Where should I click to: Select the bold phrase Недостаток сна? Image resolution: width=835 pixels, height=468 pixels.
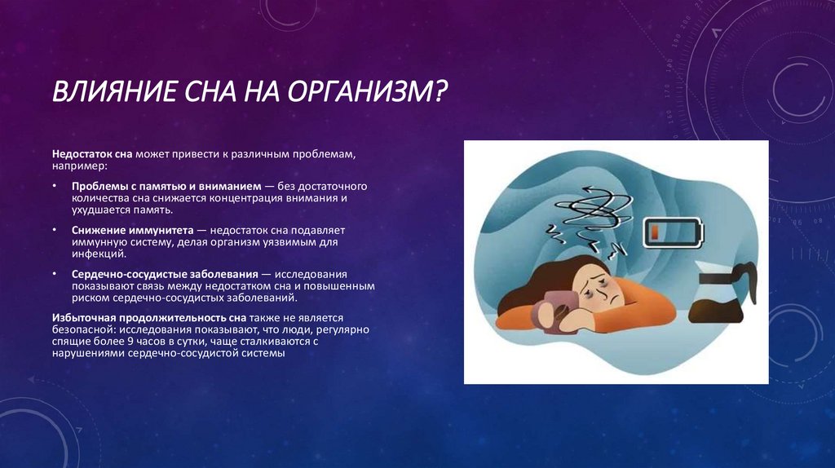(x=92, y=153)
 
